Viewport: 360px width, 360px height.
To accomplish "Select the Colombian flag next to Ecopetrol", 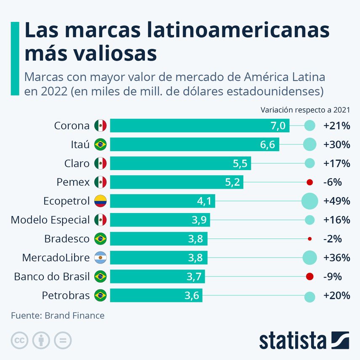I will click(100, 201).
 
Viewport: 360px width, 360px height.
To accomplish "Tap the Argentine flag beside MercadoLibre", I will click(100, 258).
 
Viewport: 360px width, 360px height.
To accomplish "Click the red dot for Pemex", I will click(309, 182).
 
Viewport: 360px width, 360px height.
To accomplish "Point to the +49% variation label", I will click(337, 201).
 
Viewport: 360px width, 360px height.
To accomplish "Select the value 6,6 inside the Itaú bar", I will click(267, 144).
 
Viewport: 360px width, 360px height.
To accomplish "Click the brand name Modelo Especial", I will click(50, 220).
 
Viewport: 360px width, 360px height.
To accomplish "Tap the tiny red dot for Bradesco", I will click(309, 239).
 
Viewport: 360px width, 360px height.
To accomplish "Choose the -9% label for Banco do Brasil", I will click(332, 277).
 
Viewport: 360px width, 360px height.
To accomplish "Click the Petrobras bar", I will click(156, 296).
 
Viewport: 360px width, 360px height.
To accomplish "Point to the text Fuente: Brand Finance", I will click(58, 315).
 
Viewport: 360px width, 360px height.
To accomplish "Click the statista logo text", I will click(293, 341).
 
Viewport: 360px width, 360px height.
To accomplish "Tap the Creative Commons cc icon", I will click(19, 340).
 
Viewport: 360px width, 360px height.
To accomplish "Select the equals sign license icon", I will click(63, 340).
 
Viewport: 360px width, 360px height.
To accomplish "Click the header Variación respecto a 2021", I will click(305, 110).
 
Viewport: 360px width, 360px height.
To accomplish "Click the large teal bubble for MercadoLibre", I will click(309, 258).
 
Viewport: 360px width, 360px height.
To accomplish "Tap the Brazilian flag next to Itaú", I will click(100, 144).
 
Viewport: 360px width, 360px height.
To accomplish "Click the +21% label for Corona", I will click(337, 125).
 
